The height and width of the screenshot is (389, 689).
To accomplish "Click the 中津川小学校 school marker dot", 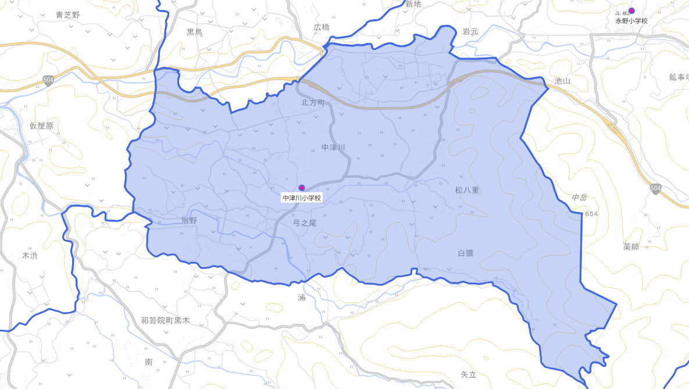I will tap(301, 188).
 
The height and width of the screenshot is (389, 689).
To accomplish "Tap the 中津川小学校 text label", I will tap(302, 198).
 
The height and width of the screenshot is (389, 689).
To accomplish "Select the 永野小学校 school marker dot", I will tap(631, 10).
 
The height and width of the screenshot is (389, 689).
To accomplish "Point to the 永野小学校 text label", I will tap(631, 21).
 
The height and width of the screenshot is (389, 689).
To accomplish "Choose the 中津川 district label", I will tap(333, 147).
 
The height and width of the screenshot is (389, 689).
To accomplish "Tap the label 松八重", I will tap(467, 190).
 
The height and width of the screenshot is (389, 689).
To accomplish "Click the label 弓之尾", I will tap(305, 223).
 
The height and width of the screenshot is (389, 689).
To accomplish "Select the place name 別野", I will tap(189, 220).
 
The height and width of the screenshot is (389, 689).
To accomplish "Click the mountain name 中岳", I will tap(579, 197).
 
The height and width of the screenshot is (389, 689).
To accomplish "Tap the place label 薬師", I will tap(631, 247).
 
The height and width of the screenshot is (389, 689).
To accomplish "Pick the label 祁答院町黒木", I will tap(165, 320).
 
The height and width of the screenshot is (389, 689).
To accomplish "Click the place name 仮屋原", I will tap(41, 126).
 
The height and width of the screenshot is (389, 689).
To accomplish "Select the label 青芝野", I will tap(67, 15).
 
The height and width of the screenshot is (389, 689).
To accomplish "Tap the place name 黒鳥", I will tap(195, 32).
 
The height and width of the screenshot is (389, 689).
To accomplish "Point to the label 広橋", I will tap(322, 27).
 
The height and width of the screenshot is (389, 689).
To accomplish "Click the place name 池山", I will tap(562, 81).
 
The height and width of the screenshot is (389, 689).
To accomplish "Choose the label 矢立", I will tap(468, 375).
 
